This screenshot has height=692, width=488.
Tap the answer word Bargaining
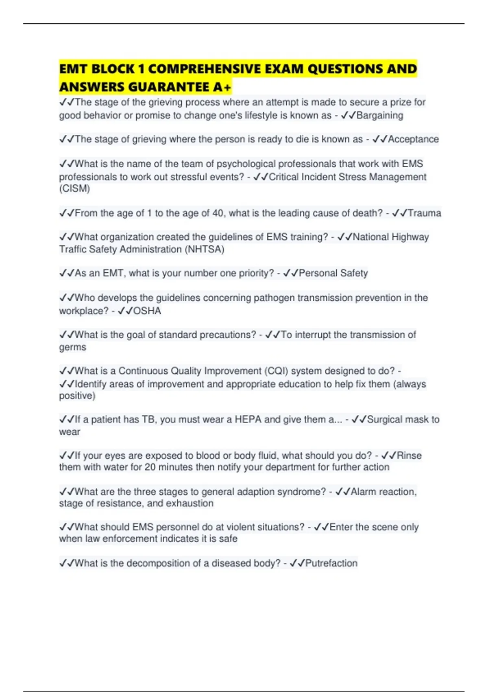click(380, 116)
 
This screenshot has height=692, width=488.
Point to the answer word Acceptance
click(413, 139)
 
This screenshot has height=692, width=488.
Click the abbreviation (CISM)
click(74, 189)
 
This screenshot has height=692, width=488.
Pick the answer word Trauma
click(424, 213)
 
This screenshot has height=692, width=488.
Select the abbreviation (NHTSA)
click(205, 249)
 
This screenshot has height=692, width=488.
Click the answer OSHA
click(147, 311)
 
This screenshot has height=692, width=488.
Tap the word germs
click(72, 347)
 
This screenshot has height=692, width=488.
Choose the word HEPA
click(248, 419)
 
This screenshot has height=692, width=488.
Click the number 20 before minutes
click(150, 467)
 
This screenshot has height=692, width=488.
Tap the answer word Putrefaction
click(331, 563)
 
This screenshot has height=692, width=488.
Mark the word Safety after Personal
click(354, 273)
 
